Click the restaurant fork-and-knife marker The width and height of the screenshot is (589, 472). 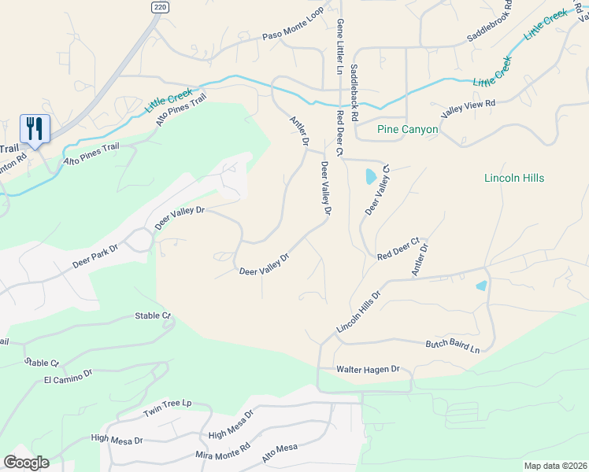tap(35, 128)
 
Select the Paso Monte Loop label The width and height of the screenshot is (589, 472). tap(294, 36)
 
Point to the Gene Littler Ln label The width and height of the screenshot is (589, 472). tap(339, 46)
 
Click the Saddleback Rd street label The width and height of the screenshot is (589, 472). tap(354, 92)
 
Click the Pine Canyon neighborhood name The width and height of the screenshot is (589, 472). tap(407, 129)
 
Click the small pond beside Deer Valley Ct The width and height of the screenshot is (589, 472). tap(371, 177)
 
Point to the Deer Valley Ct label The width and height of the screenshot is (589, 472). tap(378, 190)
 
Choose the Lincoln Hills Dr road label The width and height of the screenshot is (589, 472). tap(358, 311)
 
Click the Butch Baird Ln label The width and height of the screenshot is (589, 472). tap(453, 345)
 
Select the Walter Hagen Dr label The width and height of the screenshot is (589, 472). tap(369, 369)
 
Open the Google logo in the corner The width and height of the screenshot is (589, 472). tap(26, 463)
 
